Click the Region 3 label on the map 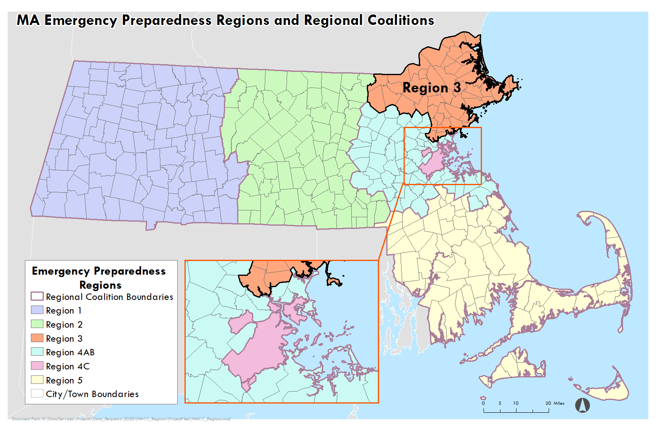click(x=431, y=88)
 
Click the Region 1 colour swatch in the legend click(x=37, y=310)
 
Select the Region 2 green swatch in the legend click(x=37, y=324)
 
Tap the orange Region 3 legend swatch click(x=37, y=338)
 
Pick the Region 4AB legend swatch click(x=37, y=352)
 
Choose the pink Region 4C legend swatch click(x=37, y=366)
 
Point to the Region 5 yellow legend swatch click(x=37, y=380)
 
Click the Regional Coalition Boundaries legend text click(x=109, y=297)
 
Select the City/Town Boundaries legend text click(x=92, y=394)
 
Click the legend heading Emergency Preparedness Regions click(x=99, y=278)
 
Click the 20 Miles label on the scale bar click(x=555, y=403)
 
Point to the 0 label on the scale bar click(x=484, y=403)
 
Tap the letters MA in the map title click(x=28, y=20)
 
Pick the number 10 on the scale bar click(x=516, y=403)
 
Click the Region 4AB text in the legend click(x=70, y=352)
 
